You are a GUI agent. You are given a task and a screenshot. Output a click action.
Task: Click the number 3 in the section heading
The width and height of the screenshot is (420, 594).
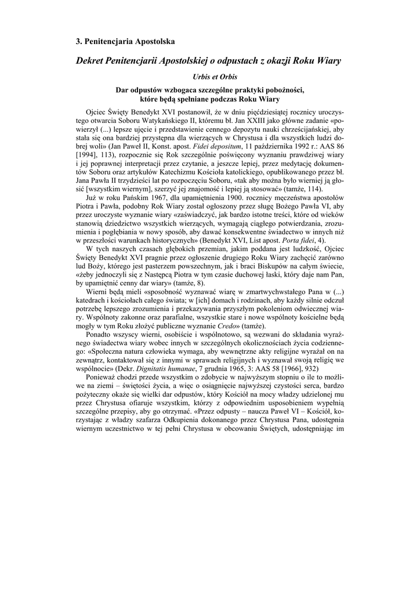pyautogui.click(x=79, y=41)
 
